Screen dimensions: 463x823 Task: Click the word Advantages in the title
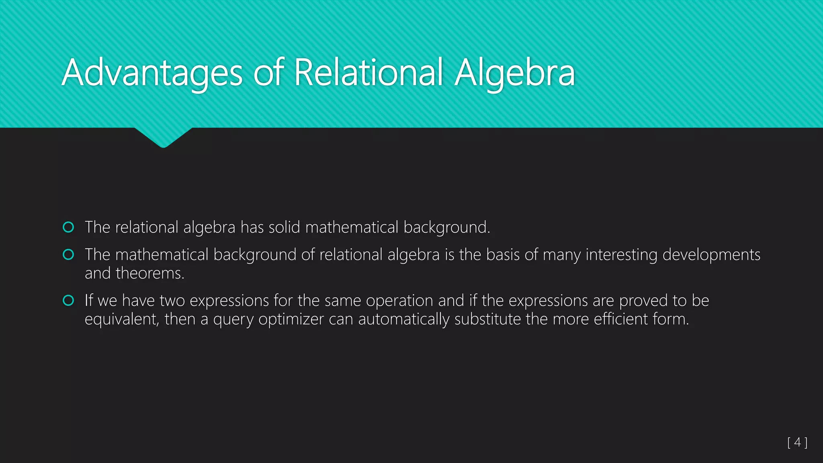click(x=152, y=73)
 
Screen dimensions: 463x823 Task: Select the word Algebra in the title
click(x=515, y=73)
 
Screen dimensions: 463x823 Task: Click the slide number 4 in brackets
click(x=798, y=443)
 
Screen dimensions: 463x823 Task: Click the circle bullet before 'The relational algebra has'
click(x=69, y=227)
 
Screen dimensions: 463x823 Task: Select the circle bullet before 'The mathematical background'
click(x=69, y=255)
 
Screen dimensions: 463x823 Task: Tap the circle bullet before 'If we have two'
click(x=69, y=301)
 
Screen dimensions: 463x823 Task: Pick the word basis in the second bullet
click(x=502, y=255)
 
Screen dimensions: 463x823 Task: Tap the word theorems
click(x=150, y=273)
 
